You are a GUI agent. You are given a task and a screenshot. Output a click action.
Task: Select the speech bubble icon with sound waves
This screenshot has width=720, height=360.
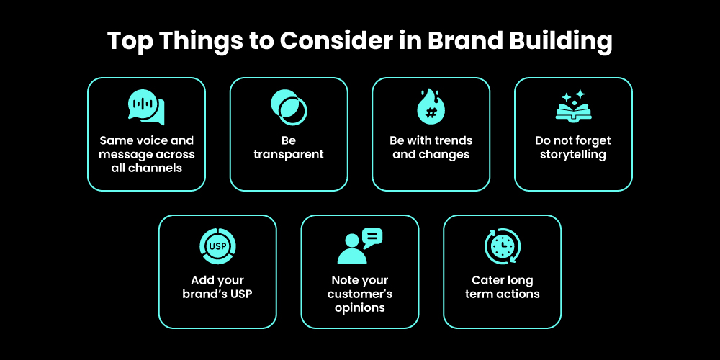146,107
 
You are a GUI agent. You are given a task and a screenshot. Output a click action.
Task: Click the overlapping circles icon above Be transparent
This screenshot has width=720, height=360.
289,107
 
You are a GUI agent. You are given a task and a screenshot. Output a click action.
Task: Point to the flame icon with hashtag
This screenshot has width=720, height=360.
431,107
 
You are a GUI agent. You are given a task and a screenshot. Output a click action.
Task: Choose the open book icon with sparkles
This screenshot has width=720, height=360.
573,107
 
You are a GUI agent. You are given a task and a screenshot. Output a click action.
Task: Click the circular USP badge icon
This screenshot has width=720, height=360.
217,246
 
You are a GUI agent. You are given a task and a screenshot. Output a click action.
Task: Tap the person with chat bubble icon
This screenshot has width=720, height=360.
359,246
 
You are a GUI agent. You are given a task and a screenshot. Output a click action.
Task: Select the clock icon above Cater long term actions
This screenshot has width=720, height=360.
502,246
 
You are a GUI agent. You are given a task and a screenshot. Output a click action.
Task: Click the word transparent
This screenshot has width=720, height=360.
289,154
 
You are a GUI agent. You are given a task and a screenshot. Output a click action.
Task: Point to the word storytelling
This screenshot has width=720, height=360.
573,154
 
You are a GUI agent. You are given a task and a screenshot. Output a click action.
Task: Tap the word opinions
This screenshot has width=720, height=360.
359,307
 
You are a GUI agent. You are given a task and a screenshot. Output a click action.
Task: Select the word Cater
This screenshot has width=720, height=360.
487,280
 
